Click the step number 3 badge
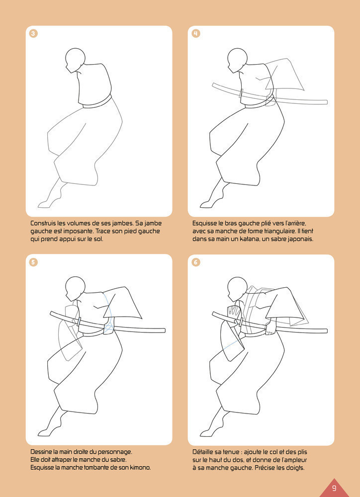33,34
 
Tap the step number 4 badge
196,34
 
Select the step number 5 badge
33,262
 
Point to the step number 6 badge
196,262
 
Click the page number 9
334,488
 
